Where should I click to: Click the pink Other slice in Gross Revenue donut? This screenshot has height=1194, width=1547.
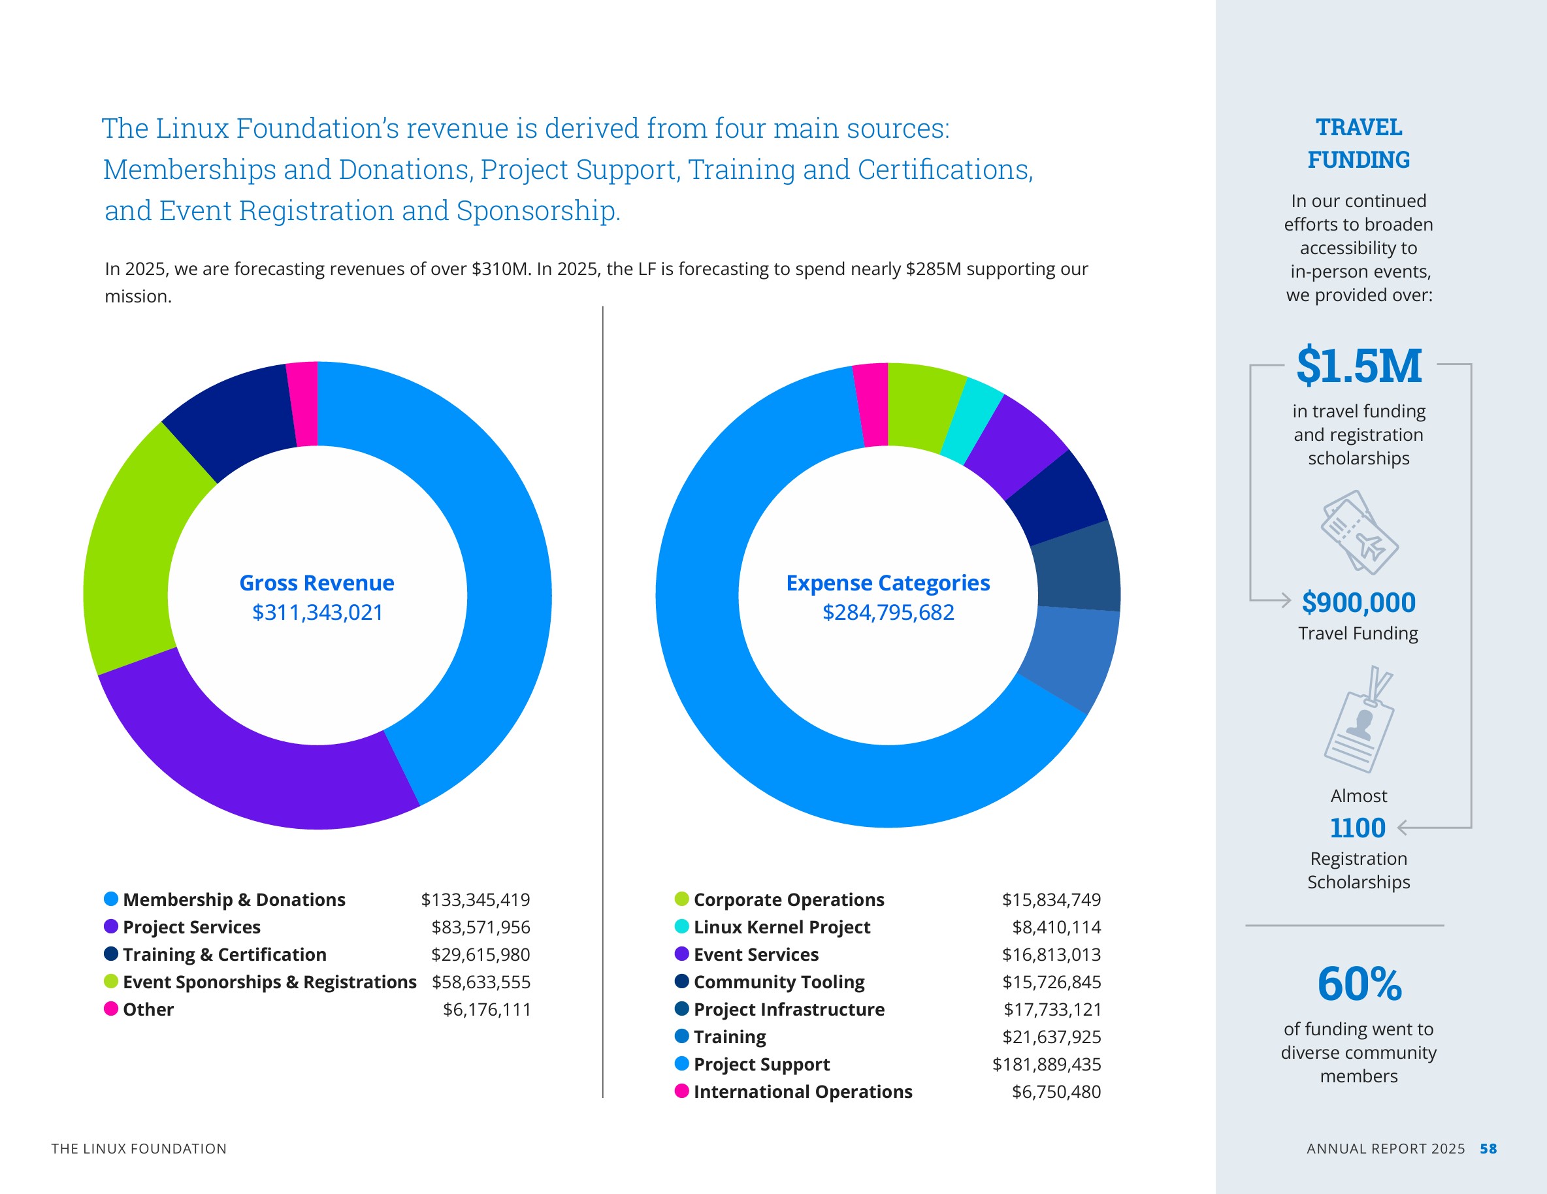303,404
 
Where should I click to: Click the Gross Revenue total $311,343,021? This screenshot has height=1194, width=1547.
318,612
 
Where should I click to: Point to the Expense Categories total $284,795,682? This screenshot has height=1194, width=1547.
888,612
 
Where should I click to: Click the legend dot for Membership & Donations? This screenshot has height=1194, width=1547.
111,899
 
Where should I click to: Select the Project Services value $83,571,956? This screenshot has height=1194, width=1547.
480,927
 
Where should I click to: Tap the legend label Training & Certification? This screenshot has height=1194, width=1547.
225,955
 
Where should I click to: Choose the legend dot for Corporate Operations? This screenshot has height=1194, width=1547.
681,899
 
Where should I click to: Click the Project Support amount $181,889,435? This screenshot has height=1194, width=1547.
1046,1065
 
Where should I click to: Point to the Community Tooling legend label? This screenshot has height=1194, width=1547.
779,982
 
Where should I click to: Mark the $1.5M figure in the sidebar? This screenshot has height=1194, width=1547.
1359,366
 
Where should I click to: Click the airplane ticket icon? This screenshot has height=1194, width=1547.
1359,532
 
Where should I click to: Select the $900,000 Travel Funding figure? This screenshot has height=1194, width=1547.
1359,603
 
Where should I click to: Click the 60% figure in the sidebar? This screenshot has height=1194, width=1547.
1360,984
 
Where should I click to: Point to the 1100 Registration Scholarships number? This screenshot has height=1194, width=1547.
1357,828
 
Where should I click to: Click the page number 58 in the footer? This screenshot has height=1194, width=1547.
1488,1149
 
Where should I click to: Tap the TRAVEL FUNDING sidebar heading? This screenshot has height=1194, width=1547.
1359,144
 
